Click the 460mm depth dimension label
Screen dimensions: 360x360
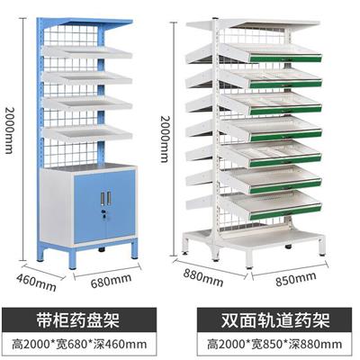tap(36, 283)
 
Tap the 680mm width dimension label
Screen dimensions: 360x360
tap(111, 281)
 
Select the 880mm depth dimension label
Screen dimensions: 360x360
tap(203, 277)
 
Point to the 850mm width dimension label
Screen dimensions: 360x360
tap(296, 279)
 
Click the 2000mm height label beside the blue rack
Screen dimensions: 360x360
tap(9, 130)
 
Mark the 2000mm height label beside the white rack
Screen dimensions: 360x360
tap(165, 139)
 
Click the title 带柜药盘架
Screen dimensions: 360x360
tap(78, 319)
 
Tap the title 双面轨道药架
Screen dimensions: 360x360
tap(275, 320)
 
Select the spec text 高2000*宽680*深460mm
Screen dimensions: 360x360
tap(79, 344)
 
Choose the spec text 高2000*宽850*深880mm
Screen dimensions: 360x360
tap(274, 344)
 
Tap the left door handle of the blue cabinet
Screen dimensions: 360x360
tap(103, 199)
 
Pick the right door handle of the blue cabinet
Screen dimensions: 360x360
tap(109, 198)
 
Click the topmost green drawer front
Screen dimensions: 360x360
tap(285, 58)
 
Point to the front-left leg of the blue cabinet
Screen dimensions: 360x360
tap(73, 257)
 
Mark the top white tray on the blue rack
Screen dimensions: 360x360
tap(87, 52)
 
